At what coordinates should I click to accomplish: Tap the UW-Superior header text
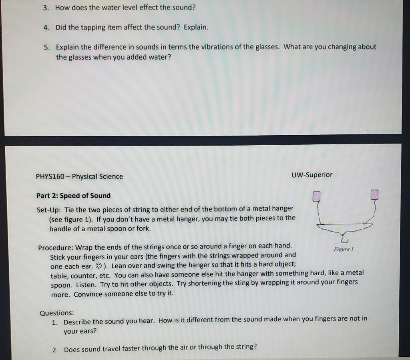click(x=312, y=175)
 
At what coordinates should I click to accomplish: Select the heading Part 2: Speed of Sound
click(x=73, y=196)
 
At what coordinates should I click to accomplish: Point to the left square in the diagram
click(x=316, y=196)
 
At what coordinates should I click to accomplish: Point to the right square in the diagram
click(x=375, y=195)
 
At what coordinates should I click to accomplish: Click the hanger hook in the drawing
click(x=345, y=239)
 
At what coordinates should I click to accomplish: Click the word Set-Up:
click(x=48, y=209)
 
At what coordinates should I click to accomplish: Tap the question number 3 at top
click(x=46, y=8)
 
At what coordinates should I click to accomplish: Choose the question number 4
click(x=46, y=28)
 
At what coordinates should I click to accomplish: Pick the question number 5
click(x=47, y=47)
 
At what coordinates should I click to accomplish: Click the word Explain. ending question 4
click(x=196, y=28)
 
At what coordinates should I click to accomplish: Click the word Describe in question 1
click(x=77, y=322)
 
